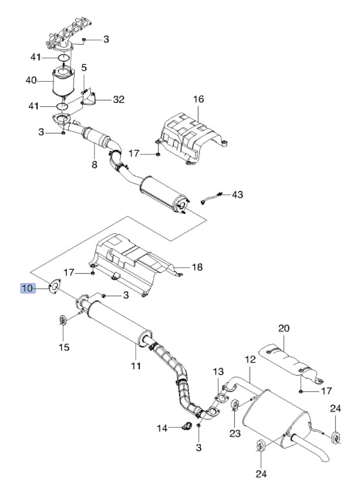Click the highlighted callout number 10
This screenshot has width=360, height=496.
tap(28, 288)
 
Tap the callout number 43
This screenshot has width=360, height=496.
tap(237, 194)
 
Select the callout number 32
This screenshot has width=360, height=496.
tap(119, 100)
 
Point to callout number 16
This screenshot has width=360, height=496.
tap(198, 99)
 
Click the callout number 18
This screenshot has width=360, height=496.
tap(197, 267)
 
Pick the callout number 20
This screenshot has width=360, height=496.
tap(284, 328)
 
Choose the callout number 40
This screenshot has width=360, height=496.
tap(31, 81)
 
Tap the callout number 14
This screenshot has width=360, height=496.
tap(163, 428)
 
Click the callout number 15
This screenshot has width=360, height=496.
tap(64, 347)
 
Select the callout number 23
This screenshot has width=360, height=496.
tap(235, 433)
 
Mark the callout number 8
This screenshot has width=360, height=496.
tap(94, 165)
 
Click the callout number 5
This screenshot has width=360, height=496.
tap(84, 68)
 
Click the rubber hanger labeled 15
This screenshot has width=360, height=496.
tap(63, 320)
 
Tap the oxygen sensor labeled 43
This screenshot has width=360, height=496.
tap(212, 197)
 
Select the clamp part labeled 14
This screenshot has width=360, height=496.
tap(187, 426)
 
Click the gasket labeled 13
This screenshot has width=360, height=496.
tap(222, 398)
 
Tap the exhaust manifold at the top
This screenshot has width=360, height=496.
tap(68, 33)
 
